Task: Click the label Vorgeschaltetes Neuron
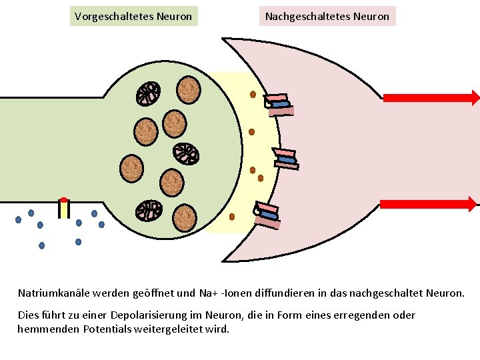pos(133,16)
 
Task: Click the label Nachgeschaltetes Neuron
pos(327,16)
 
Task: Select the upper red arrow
pos(431,98)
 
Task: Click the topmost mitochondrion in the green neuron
pos(148,94)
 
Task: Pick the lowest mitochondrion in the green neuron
pos(149,211)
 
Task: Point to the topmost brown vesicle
pos(189,89)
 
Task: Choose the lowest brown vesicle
pos(185,217)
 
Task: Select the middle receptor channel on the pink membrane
pos(286,159)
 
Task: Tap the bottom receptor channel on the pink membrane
pos(268,215)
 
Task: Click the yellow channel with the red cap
pos(63,208)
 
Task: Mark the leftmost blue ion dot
pos(18,220)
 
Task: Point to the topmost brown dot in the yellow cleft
pos(253,94)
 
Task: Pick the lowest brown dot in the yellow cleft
pos(231,217)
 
